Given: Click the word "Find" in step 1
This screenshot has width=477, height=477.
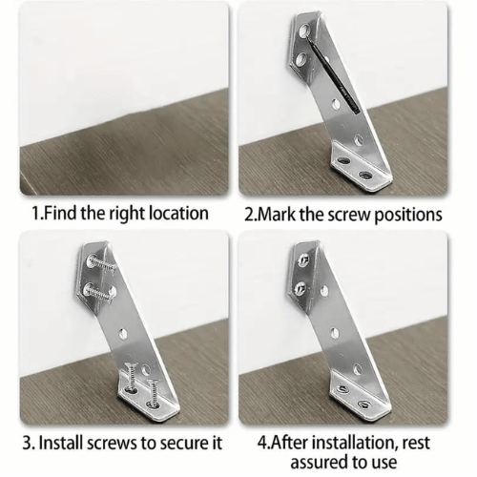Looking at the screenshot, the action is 60,213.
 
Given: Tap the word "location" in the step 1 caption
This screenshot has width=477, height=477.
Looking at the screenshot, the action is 179,214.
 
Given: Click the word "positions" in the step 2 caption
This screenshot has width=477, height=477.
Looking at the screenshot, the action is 408,216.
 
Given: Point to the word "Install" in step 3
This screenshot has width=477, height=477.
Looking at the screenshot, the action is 61,443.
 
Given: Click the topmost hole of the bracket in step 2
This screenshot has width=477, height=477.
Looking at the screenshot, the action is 304,31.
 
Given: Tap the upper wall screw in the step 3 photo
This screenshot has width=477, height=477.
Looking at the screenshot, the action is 101,263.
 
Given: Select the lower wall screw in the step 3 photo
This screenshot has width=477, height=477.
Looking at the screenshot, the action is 99,291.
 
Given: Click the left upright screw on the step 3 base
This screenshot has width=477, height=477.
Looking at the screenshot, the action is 132,379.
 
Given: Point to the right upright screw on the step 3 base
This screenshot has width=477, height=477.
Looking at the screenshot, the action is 153,393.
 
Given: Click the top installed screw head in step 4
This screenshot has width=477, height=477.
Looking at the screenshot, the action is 302,260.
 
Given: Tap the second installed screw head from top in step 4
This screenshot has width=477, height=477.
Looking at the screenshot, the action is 300,287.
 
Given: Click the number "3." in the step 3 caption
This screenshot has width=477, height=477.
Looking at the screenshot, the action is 28,443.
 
